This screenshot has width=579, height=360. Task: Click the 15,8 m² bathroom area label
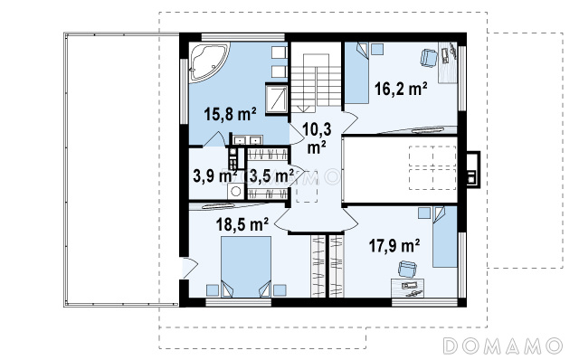coord(230,114)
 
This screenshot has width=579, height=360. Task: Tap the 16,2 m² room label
coord(401,89)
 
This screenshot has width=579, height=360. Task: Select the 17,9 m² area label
coord(394,245)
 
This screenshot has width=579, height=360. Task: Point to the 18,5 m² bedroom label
coord(242,224)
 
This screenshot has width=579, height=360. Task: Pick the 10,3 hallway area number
coord(317,129)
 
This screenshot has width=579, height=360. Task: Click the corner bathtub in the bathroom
coord(208,62)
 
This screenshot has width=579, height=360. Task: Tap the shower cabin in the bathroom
coord(277,99)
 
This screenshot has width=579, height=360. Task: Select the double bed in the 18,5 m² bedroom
coord(246,267)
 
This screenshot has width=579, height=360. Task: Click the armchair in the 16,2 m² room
coord(429,58)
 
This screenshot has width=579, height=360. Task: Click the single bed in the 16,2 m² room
coord(357,73)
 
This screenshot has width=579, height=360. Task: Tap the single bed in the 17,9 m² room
coord(445,237)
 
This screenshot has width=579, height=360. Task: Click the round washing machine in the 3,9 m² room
coord(235,191)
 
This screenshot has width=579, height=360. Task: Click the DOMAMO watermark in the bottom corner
coord(503,346)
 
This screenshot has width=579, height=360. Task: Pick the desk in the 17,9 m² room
coord(408,288)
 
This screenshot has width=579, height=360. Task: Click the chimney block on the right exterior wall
coord(473,169)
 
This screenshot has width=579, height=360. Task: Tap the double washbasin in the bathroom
coord(247,140)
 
